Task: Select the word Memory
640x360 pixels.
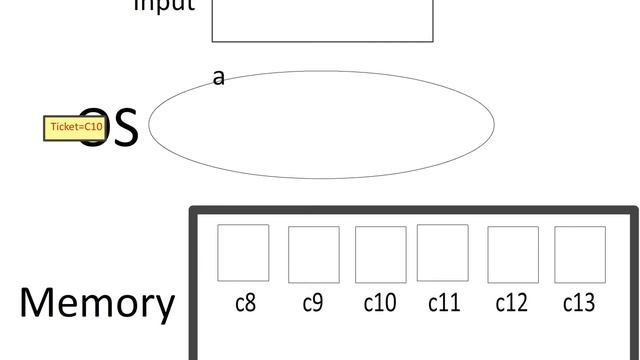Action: pyautogui.click(x=96, y=302)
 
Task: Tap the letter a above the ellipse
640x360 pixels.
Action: pyautogui.click(x=219, y=77)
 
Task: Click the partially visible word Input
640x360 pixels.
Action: pyautogui.click(x=164, y=6)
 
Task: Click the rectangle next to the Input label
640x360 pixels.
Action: pyautogui.click(x=322, y=20)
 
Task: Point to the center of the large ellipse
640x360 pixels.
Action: pyautogui.click(x=321, y=124)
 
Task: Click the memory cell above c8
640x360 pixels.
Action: pyautogui.click(x=243, y=253)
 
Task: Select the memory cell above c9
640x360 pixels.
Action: pyautogui.click(x=313, y=254)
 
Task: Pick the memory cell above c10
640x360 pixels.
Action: pyautogui.click(x=380, y=254)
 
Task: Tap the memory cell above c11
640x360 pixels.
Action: pyautogui.click(x=442, y=253)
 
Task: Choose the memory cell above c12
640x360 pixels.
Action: pyautogui.click(x=512, y=254)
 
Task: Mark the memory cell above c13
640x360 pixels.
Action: pyautogui.click(x=580, y=254)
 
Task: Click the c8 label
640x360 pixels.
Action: pyautogui.click(x=245, y=302)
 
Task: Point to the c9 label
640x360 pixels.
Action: pyautogui.click(x=313, y=302)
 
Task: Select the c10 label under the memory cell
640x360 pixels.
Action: pyautogui.click(x=380, y=302)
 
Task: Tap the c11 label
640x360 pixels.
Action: pyautogui.click(x=444, y=302)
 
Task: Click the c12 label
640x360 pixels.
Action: pyautogui.click(x=511, y=302)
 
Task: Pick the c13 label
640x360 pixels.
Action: pyautogui.click(x=580, y=302)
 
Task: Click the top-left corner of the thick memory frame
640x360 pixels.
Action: pyautogui.click(x=193, y=211)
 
